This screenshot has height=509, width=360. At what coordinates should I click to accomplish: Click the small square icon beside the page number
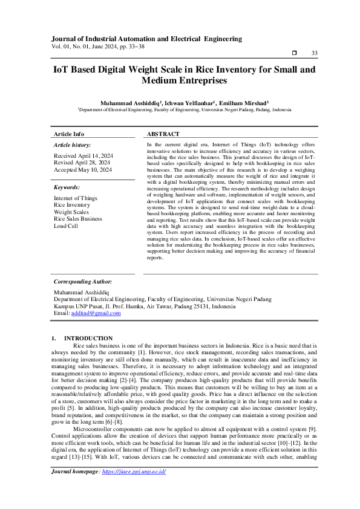click(295, 53)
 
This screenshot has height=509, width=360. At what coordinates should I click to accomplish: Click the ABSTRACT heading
click(163, 134)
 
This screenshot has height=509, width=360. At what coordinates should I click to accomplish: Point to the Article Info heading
click(69, 134)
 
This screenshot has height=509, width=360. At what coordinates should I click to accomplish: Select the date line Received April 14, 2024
click(83, 156)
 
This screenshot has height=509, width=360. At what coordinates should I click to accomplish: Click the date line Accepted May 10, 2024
click(83, 170)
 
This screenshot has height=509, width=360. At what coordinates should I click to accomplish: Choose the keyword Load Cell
click(66, 226)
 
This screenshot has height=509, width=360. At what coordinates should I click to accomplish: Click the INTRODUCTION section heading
click(88, 338)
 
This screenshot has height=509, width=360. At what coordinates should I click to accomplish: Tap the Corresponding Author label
click(82, 282)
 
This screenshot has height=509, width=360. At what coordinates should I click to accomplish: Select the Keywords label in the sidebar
click(67, 188)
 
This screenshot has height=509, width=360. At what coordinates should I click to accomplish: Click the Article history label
click(72, 145)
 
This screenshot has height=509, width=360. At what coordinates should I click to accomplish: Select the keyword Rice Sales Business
click(77, 219)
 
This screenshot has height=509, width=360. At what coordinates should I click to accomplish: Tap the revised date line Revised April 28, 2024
click(82, 163)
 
